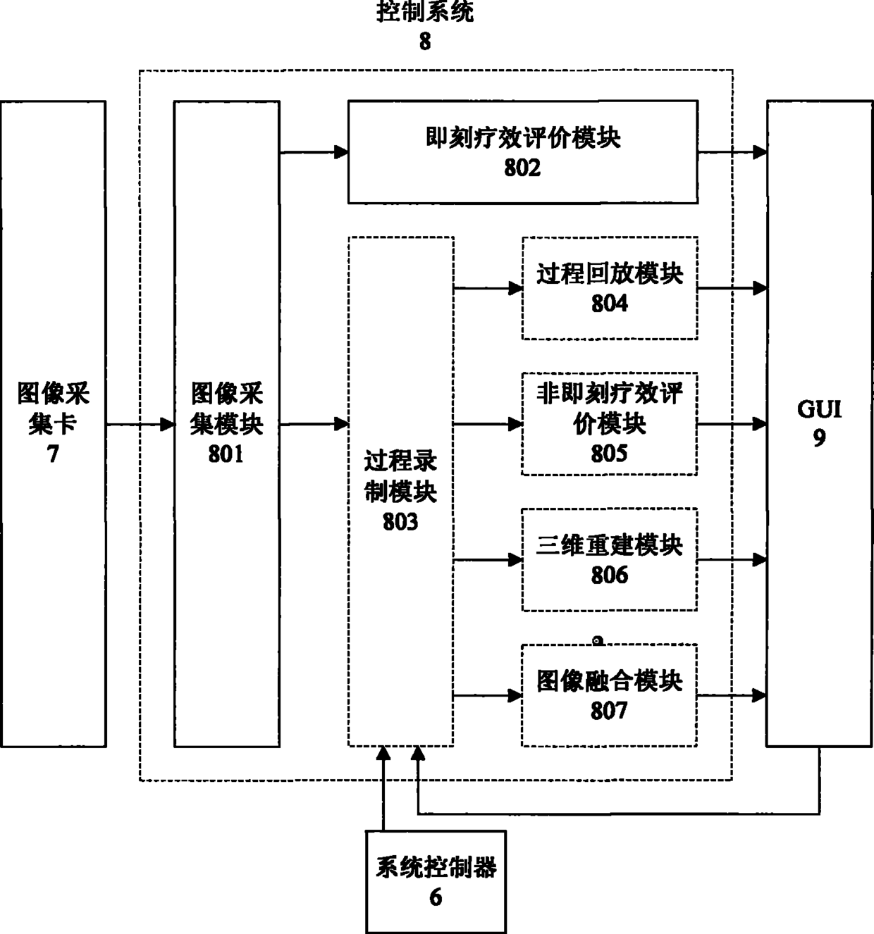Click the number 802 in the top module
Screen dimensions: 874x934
[522, 168]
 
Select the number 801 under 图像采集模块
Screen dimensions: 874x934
[226, 454]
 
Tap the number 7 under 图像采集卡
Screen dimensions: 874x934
[53, 454]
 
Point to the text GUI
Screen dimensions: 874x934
[819, 409]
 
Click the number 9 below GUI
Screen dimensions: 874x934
[819, 438]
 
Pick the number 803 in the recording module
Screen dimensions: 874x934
[400, 522]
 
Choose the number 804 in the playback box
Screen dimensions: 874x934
[610, 304]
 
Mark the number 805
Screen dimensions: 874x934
[610, 454]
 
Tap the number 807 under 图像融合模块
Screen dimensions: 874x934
[610, 711]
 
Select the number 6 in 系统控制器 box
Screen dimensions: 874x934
[436, 898]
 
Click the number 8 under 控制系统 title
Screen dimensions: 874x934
[425, 42]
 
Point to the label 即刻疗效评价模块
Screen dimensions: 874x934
[523, 138]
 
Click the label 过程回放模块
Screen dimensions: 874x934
[610, 274]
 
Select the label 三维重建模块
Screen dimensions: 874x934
[610, 546]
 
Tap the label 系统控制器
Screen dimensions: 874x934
[436, 868]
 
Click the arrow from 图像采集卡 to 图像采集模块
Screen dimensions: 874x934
[140, 425]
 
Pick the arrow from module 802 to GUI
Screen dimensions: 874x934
[732, 152]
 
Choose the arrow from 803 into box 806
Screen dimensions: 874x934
[488, 560]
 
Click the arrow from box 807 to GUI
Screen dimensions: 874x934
[732, 695]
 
